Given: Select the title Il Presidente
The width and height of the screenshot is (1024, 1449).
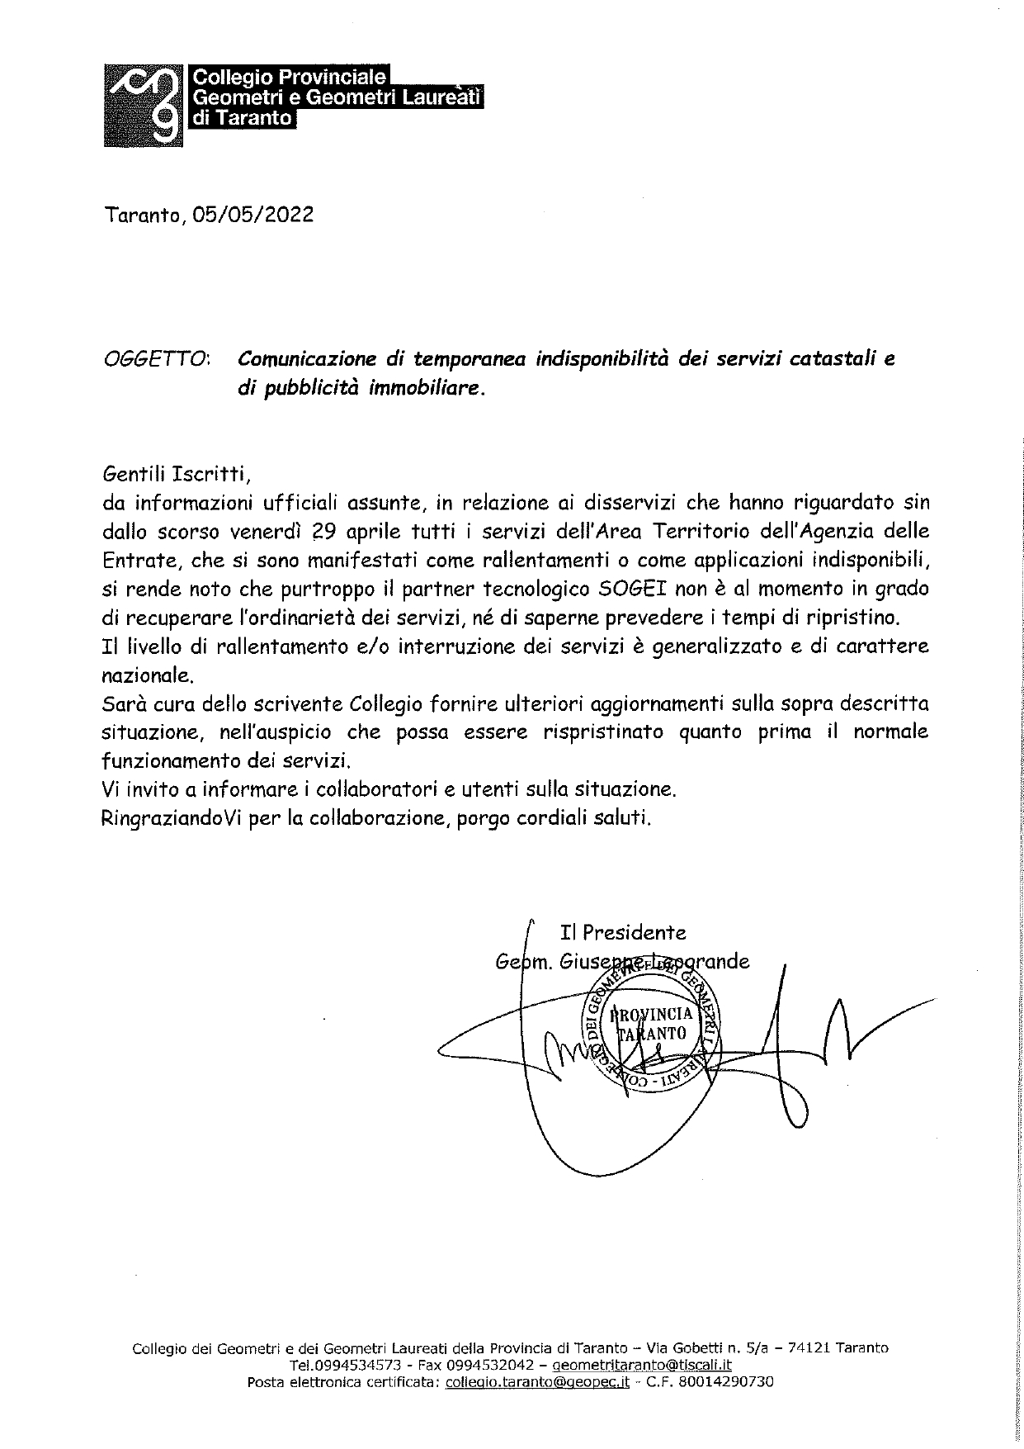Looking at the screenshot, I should [623, 933].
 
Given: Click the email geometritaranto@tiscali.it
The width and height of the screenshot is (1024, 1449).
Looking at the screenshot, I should [642, 1366].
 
